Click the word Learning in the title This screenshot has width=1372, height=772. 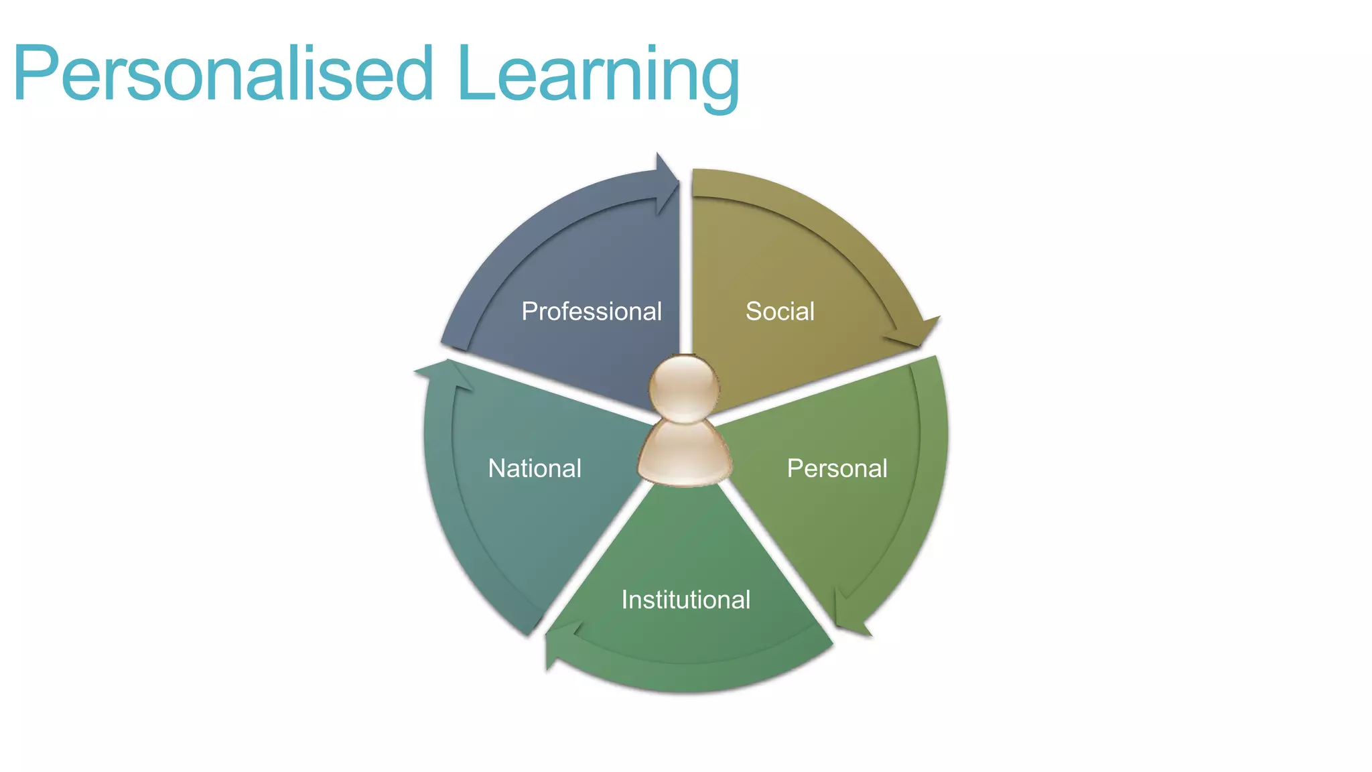[598, 74]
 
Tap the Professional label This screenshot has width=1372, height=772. [592, 312]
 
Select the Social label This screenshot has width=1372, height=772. [780, 312]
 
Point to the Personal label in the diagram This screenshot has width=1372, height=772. [837, 468]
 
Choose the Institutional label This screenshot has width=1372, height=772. [686, 600]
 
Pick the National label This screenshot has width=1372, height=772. [535, 468]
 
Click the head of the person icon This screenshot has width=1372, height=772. [684, 389]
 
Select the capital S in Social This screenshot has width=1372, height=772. [754, 312]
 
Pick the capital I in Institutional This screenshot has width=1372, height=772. [625, 600]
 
